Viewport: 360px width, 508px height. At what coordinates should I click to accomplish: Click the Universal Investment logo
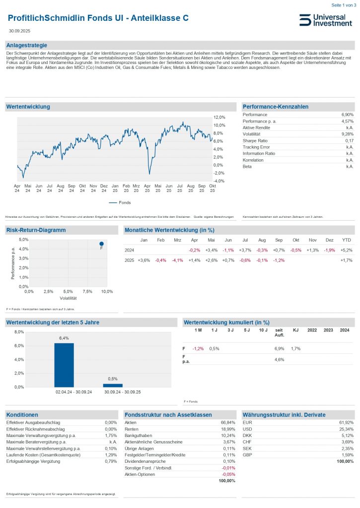326,20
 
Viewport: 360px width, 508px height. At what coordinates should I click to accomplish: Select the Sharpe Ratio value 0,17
348,141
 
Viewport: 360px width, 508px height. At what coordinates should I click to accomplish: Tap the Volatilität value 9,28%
347,134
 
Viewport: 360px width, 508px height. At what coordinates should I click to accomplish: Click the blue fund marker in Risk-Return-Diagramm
101,244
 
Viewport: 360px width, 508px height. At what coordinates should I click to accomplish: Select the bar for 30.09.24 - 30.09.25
113,385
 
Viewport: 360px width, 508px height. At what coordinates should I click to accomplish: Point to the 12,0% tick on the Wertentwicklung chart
219,118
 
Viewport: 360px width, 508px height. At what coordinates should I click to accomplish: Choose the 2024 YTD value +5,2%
346,250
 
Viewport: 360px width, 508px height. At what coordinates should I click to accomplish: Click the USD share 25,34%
347,429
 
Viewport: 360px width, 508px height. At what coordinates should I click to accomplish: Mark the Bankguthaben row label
139,436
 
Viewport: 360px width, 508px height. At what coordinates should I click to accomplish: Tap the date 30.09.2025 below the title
19,31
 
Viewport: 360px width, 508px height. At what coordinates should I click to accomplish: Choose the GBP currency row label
247,455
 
